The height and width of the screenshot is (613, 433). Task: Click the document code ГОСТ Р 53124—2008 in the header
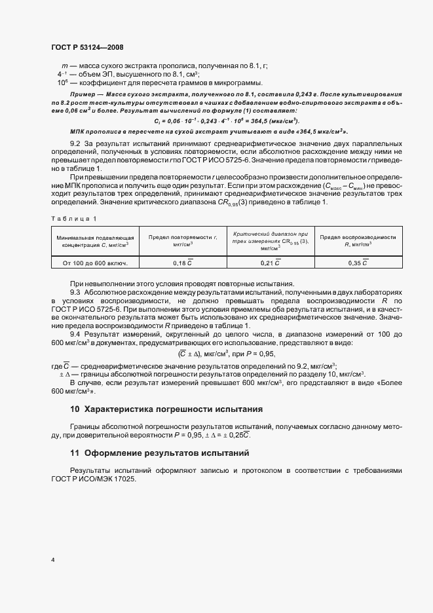coord(86,47)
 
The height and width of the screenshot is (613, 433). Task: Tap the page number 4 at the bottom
coord(52,561)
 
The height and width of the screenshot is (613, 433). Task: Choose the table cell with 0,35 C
coord(358,263)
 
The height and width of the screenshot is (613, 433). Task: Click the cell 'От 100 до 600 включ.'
coord(96,263)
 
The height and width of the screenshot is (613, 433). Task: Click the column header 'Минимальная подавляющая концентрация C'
coord(96,240)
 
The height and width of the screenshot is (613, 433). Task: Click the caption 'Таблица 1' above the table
coord(73,217)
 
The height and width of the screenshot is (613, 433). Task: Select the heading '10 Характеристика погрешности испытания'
coord(166,409)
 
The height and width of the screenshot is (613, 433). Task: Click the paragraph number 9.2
coord(76,143)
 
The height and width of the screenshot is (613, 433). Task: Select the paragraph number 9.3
coord(76,291)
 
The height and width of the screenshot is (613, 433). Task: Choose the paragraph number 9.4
coord(76,334)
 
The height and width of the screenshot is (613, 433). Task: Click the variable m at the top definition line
coord(64,65)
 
